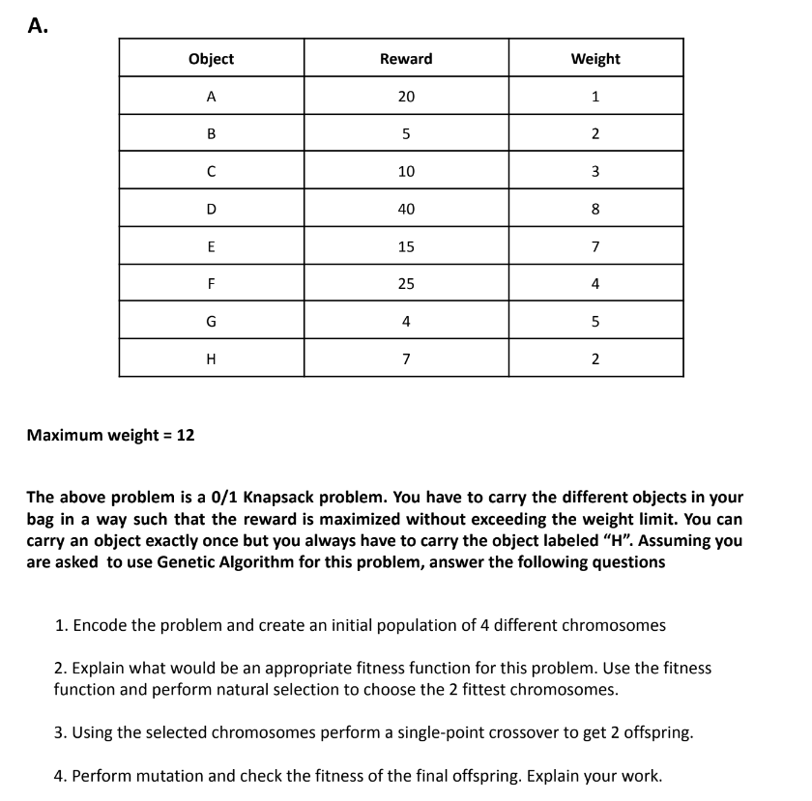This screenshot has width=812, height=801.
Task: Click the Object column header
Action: point(211,59)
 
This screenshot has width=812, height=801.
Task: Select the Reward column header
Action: point(406,59)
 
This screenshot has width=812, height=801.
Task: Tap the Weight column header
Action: point(595,59)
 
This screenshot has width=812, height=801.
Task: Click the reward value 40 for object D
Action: point(406,209)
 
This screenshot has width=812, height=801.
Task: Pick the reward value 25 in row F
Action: point(406,284)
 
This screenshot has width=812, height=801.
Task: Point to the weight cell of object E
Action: point(595,246)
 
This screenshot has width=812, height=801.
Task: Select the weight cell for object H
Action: point(595,359)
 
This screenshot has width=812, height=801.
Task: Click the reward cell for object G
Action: point(406,322)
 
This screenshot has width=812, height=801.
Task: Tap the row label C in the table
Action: point(211,172)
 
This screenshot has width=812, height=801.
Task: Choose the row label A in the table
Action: point(211,97)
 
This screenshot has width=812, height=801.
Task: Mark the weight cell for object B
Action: point(595,134)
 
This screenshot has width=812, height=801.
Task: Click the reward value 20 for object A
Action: point(406,97)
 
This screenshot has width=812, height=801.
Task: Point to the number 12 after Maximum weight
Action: point(185,435)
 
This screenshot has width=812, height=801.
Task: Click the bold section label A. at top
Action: point(37,26)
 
